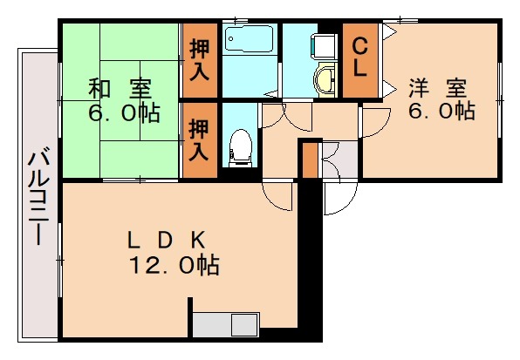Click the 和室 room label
pyautogui.click(x=120, y=89)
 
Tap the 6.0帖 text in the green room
pyautogui.click(x=120, y=113)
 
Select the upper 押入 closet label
pyautogui.click(x=200, y=60)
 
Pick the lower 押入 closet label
pyautogui.click(x=200, y=139)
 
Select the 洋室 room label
pyautogui.click(x=438, y=88)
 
